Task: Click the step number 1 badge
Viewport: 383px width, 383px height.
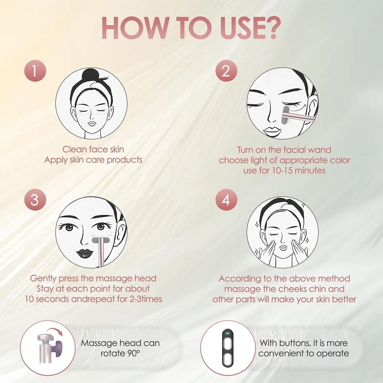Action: [x=35, y=71]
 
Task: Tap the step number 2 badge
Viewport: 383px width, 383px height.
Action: [x=226, y=71]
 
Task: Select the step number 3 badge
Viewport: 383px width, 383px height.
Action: [x=35, y=200]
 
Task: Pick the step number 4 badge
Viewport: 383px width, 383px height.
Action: [x=226, y=200]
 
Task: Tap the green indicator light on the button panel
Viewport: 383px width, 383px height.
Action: [x=228, y=333]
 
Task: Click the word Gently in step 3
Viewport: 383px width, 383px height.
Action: [x=44, y=279]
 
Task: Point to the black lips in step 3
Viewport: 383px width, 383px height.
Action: [x=85, y=253]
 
